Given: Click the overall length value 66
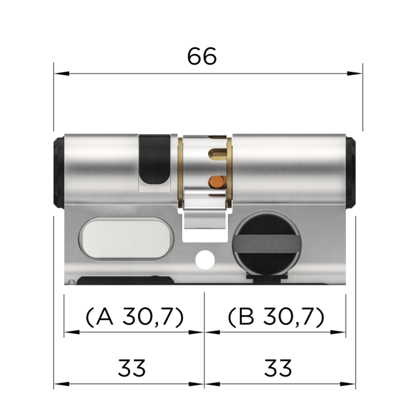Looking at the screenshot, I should pos(202,57).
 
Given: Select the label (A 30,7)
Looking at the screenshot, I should pos(134,316).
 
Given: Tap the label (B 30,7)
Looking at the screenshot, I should pos(276,316).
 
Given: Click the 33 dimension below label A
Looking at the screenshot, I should pos(132,368).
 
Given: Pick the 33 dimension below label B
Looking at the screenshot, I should pos(277,368).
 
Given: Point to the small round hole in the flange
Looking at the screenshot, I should pos(204,259).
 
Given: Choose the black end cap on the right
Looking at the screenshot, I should pos(350,172).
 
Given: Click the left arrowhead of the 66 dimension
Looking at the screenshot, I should pos(59,73).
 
